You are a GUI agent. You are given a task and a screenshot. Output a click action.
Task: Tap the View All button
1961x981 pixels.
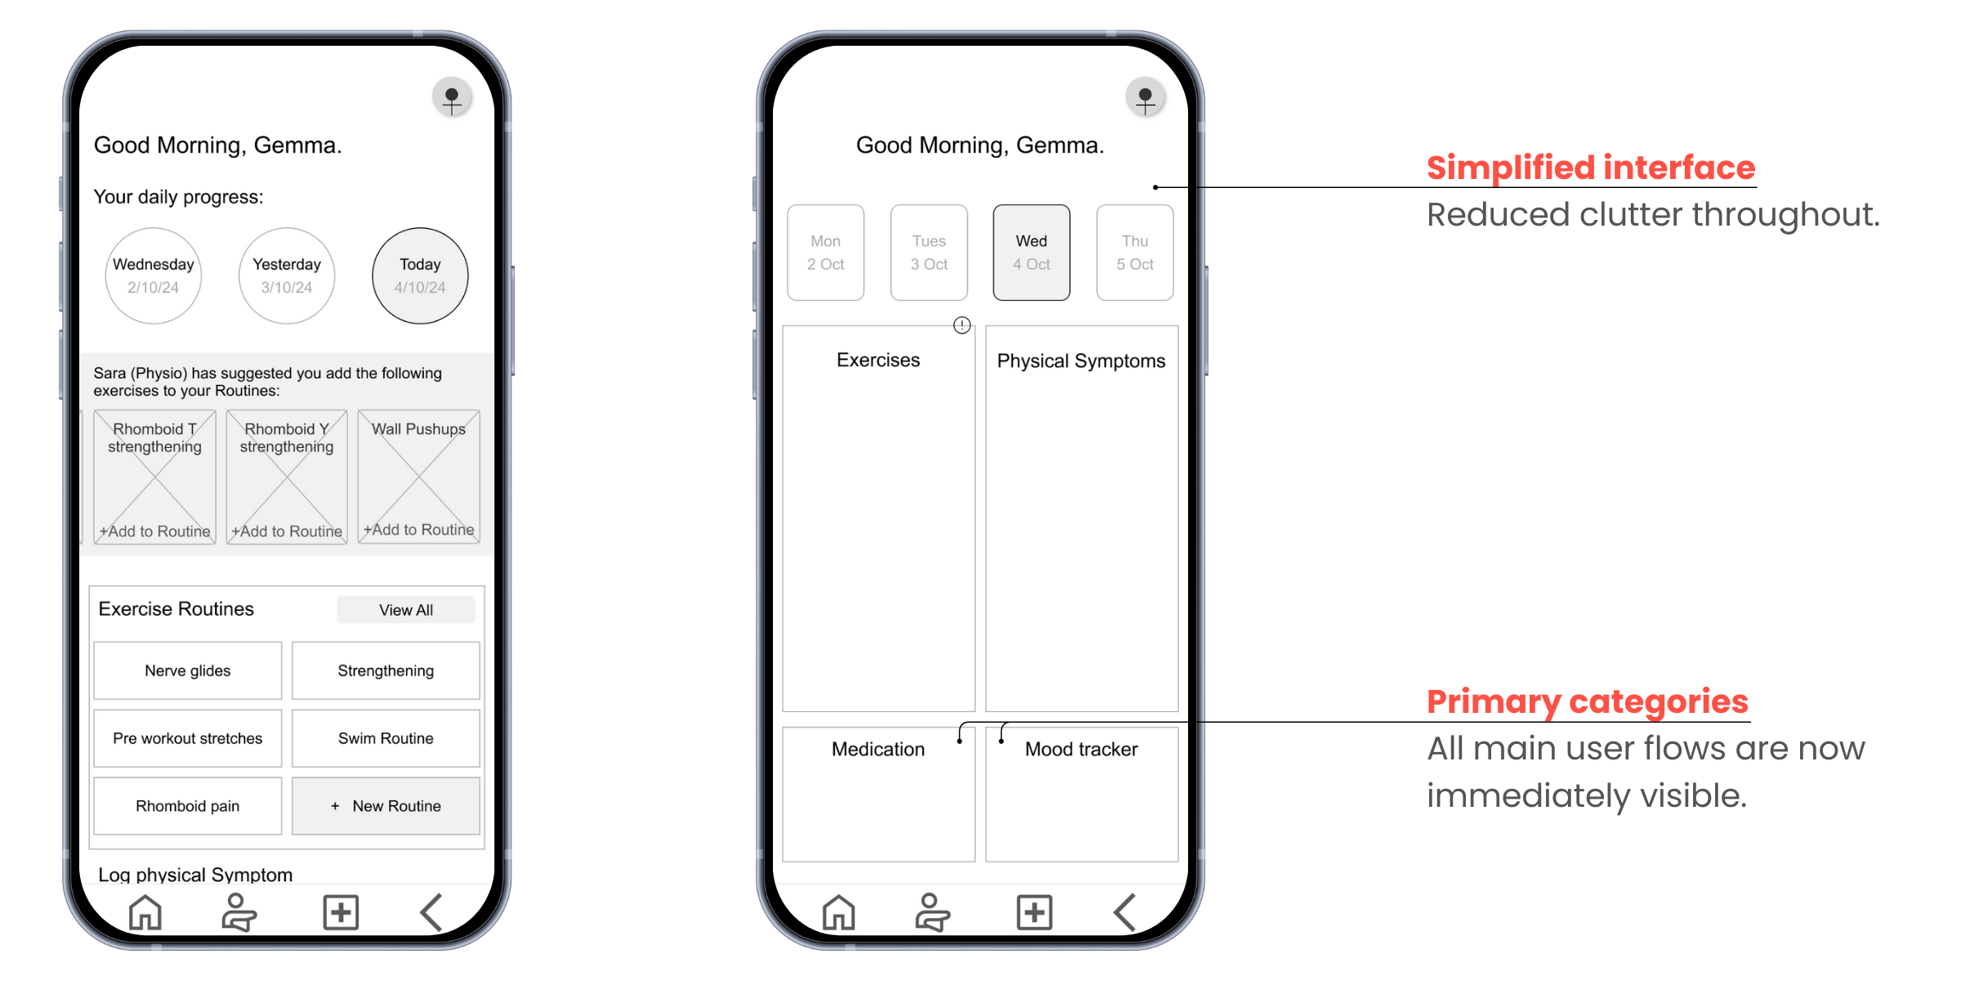tap(406, 610)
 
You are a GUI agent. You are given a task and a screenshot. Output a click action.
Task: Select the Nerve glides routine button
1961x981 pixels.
tap(188, 670)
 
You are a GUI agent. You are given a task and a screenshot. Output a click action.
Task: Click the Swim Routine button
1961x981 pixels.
tap(386, 738)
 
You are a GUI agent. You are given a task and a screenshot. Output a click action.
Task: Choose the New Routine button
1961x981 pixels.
tap(386, 806)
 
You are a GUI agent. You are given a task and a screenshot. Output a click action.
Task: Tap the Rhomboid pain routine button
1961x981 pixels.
tap(188, 806)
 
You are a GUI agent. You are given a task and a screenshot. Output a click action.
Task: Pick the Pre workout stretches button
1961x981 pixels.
tap(188, 738)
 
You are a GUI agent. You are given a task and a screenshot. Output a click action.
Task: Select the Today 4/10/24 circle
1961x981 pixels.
tap(420, 275)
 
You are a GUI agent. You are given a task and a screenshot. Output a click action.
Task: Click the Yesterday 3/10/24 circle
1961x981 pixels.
tap(287, 275)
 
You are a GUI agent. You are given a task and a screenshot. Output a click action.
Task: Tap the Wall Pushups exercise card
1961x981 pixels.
tap(418, 477)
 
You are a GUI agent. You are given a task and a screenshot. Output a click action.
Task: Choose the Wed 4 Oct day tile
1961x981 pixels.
tap(1031, 253)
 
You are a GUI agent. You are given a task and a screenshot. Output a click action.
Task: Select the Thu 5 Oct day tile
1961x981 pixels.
tap(1135, 253)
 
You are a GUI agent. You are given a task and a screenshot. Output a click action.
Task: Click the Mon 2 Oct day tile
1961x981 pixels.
tap(825, 253)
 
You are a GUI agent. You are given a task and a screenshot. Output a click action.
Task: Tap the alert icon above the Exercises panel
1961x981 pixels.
tap(963, 325)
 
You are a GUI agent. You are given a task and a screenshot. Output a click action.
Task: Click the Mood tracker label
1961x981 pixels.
tap(1081, 749)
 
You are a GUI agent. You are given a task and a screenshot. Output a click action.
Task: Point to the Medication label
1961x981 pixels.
tap(878, 749)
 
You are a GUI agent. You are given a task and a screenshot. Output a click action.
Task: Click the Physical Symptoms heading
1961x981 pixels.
tap(1081, 361)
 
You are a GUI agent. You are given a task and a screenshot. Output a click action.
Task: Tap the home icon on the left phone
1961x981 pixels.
tap(145, 912)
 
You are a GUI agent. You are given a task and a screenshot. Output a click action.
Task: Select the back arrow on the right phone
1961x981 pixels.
tap(1125, 912)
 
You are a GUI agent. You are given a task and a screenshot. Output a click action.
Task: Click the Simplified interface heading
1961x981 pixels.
tap(1591, 168)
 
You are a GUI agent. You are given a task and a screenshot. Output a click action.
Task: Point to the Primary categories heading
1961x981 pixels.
tap(1588, 701)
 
